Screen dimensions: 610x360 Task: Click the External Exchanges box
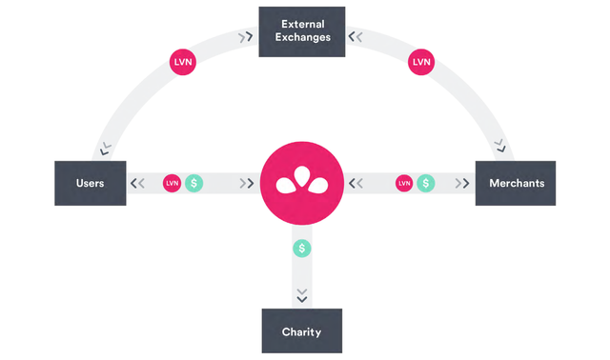pos(302,31)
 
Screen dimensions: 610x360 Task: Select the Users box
pos(91,183)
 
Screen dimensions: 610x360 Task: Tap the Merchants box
pos(516,183)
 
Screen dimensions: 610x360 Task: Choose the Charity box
pos(302,330)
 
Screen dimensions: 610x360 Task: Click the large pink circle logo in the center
pos(302,183)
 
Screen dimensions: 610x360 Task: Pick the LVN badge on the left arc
pos(183,62)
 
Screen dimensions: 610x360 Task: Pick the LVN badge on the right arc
pos(421,62)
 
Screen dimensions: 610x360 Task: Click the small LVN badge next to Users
pos(172,183)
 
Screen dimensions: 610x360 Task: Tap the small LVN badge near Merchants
pos(404,183)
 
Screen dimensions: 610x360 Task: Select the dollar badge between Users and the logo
pos(194,183)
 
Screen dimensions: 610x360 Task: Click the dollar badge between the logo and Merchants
pos(426,183)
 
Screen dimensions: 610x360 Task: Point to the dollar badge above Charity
pos(302,248)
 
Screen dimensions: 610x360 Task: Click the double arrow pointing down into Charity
pos(302,295)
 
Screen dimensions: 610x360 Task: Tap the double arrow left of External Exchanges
pos(246,37)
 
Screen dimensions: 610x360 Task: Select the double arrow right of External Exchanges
pos(356,37)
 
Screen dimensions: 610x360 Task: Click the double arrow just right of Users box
pos(137,183)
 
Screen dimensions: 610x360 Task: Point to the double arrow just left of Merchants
pos(462,183)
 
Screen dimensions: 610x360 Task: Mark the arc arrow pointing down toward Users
pos(106,149)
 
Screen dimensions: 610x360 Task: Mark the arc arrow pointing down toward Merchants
pos(499,146)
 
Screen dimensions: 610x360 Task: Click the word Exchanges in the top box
pos(303,37)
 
